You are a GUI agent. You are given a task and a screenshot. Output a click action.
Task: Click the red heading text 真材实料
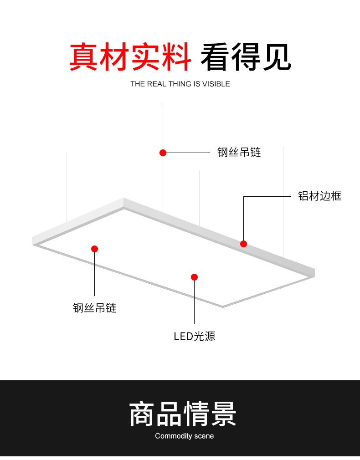click(130, 57)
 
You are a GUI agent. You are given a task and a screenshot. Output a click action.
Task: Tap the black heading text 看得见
click(246, 57)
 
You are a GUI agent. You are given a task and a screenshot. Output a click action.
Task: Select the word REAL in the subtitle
click(157, 84)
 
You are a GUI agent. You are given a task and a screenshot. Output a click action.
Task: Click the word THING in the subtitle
click(180, 84)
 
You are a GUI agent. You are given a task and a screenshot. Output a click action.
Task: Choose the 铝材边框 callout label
click(319, 196)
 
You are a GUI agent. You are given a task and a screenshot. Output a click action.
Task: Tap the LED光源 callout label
click(195, 337)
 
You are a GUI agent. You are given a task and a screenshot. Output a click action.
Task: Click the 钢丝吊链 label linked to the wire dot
click(239, 153)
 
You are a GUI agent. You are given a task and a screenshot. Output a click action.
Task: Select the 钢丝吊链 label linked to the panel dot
click(95, 308)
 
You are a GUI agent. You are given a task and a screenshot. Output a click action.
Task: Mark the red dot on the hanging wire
click(163, 153)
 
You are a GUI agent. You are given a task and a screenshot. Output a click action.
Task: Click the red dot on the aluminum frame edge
click(244, 244)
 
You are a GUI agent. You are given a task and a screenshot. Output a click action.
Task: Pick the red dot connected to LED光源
click(194, 277)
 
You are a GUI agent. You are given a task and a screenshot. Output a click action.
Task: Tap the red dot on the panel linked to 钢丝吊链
click(95, 249)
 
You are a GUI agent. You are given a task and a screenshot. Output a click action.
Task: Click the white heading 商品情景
click(183, 414)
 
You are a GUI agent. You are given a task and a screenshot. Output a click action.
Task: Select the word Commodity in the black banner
click(174, 436)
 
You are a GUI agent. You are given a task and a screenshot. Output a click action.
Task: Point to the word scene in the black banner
click(204, 436)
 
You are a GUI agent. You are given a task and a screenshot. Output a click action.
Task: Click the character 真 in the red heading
click(84, 57)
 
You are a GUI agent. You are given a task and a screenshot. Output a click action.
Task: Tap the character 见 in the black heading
click(276, 57)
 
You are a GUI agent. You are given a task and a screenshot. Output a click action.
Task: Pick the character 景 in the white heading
click(223, 414)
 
